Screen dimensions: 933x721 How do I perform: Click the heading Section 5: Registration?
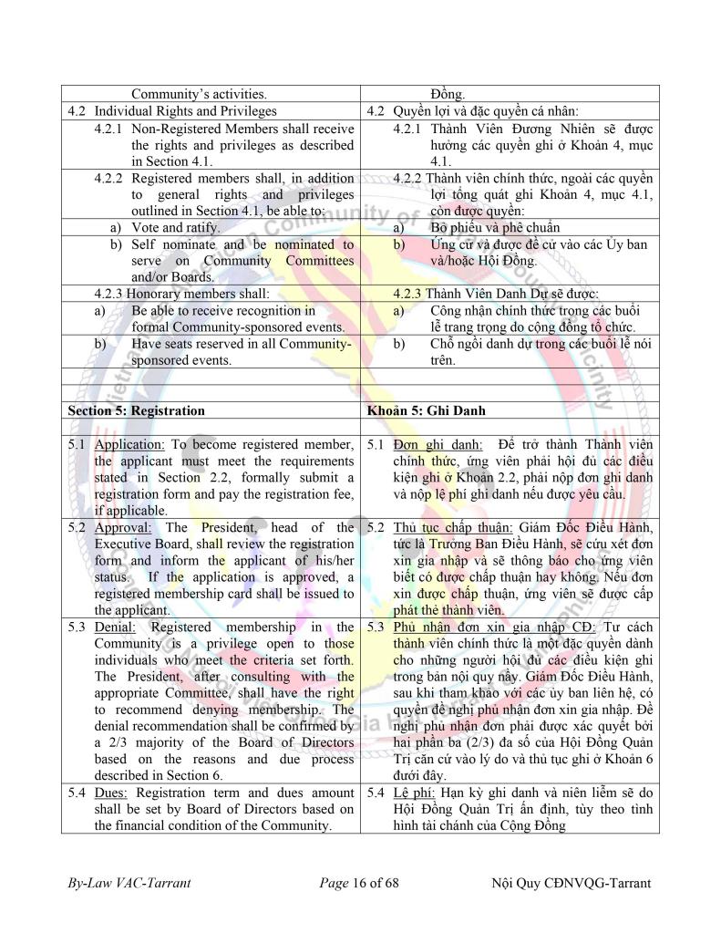click(136, 410)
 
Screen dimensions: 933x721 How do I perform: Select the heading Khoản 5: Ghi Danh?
click(426, 410)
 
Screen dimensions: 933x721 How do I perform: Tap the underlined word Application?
click(129, 444)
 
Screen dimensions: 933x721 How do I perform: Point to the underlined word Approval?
click(123, 527)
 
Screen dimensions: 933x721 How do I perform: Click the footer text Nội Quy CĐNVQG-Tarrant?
click(570, 884)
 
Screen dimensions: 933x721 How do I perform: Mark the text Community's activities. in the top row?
click(199, 94)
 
